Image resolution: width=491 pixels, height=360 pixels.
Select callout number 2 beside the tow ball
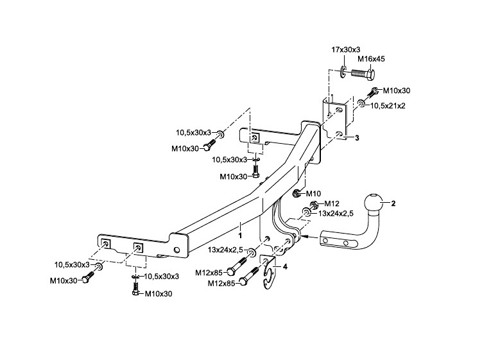coord(393,203)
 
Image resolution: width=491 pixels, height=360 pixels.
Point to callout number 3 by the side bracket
coord(356,138)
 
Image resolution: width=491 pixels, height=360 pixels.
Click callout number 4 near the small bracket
coord(285,266)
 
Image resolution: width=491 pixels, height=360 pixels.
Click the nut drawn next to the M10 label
coord(297,193)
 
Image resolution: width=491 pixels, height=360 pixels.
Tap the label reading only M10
coord(314,193)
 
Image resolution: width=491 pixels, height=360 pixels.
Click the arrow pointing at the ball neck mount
coord(309,237)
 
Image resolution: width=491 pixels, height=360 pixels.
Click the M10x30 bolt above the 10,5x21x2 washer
coord(372,92)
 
